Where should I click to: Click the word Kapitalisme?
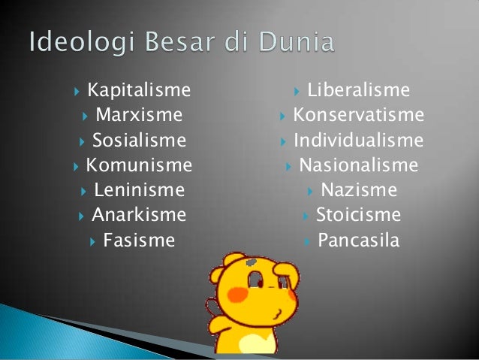pyautogui.click(x=139, y=91)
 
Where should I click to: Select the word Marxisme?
pyautogui.click(x=139, y=116)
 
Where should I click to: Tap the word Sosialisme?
pyautogui.click(x=139, y=141)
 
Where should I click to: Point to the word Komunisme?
pyautogui.click(x=139, y=165)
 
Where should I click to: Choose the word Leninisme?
pyautogui.click(x=139, y=190)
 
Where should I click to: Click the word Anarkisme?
pyautogui.click(x=139, y=215)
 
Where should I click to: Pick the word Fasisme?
pyautogui.click(x=139, y=241)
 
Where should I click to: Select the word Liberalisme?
pyautogui.click(x=359, y=91)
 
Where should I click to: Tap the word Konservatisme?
pyautogui.click(x=358, y=116)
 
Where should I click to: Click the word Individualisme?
pyautogui.click(x=358, y=141)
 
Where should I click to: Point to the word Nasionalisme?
pyautogui.click(x=358, y=165)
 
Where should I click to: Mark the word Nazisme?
pyautogui.click(x=358, y=190)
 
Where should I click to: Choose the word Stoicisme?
pyautogui.click(x=358, y=215)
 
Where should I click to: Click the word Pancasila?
pyautogui.click(x=358, y=241)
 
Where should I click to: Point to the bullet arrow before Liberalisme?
pyautogui.click(x=298, y=92)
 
